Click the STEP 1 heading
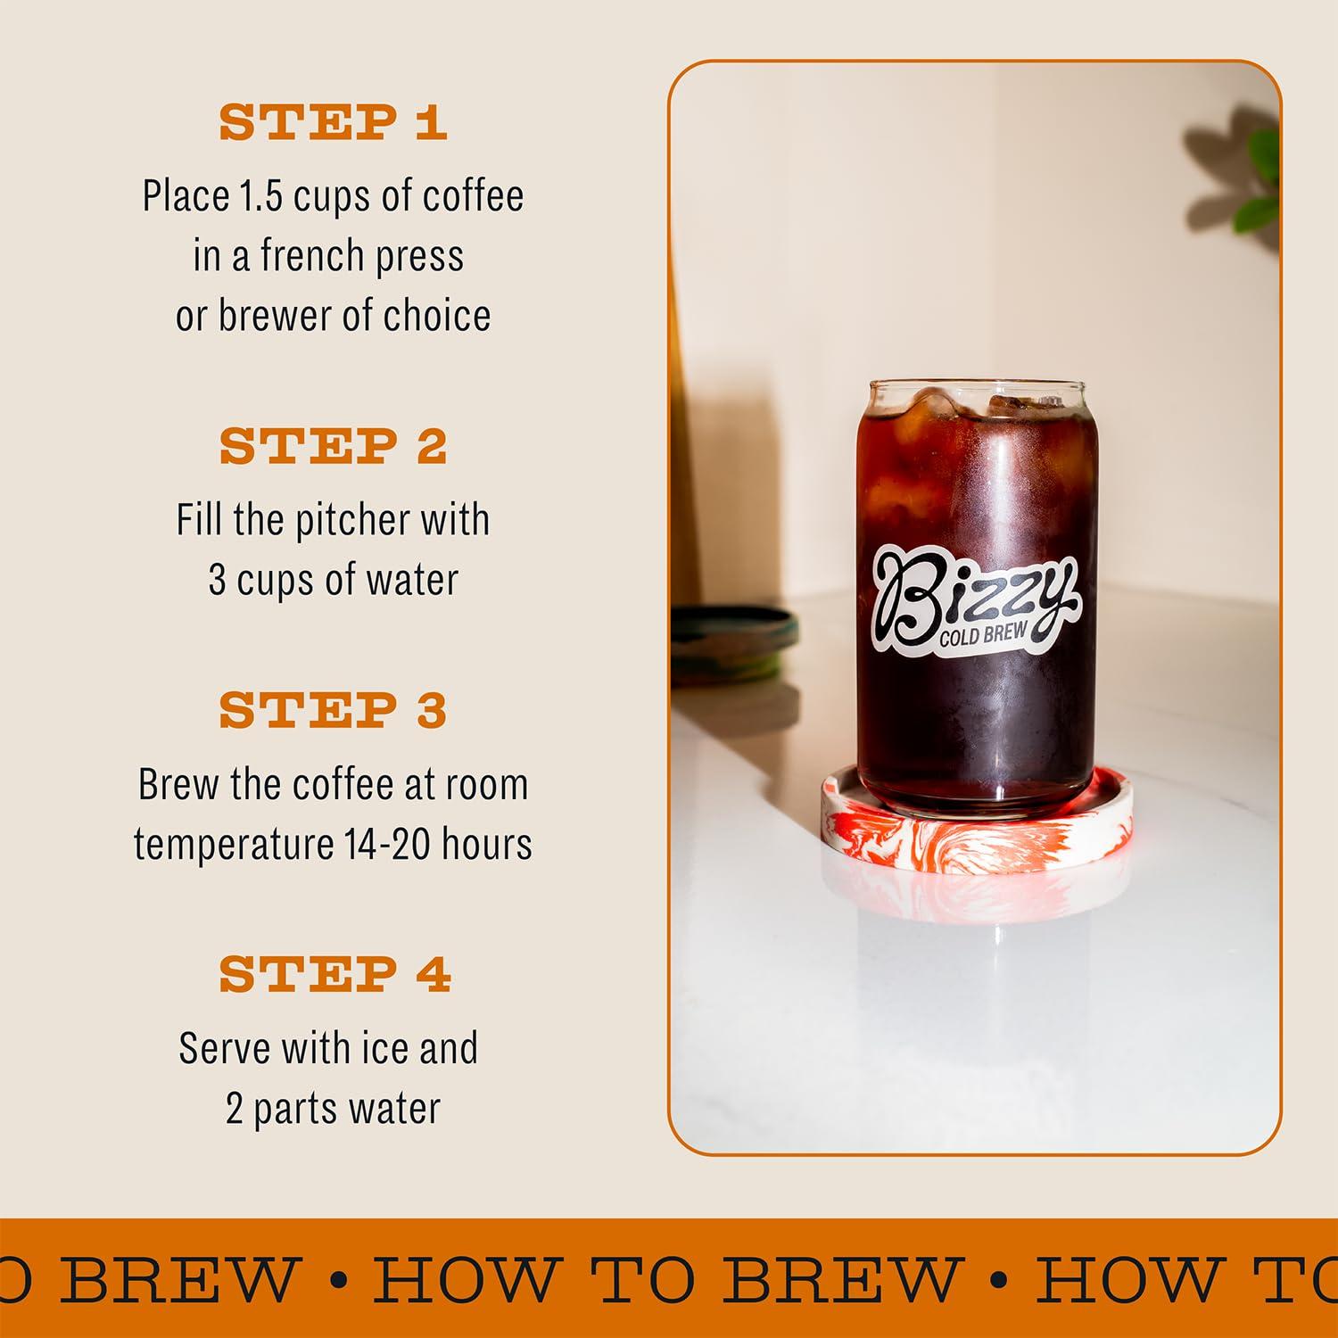coord(333,123)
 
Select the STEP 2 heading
coord(333,446)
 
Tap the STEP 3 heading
coord(333,711)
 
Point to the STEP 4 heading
coord(334,974)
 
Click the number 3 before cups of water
coord(217,581)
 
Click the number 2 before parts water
coord(235,1110)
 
